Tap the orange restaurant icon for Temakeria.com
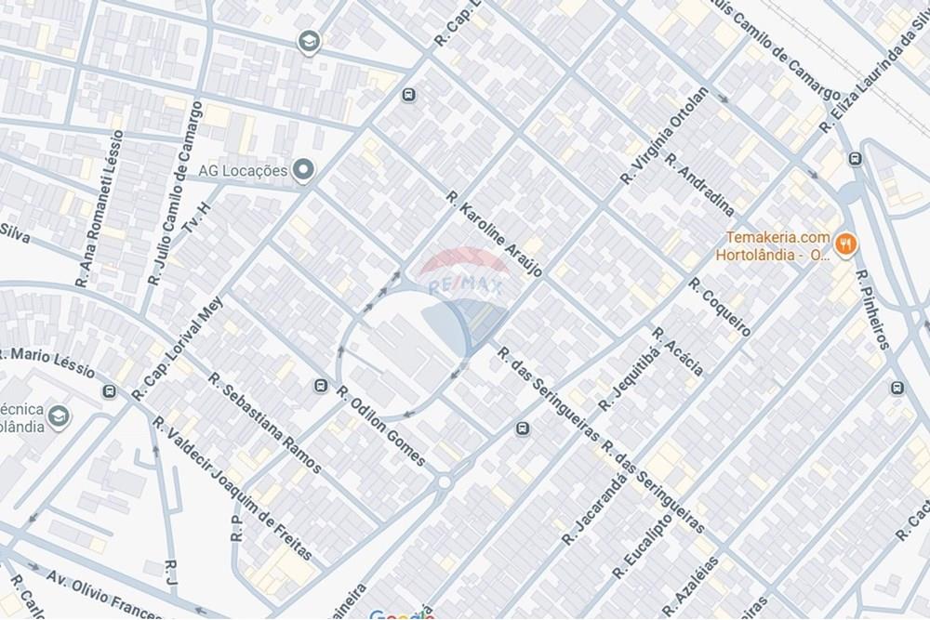pos(846,244)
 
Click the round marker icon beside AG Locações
pos(303,169)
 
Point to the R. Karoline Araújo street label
pos(493,238)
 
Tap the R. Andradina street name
pos(699,182)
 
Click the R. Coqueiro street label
pos(719,306)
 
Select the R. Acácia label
pos(677,352)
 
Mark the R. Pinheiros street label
pos(871,310)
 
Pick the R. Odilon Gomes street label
pos(382,426)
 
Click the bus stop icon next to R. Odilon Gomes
pos(322,386)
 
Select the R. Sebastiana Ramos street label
pos(264,423)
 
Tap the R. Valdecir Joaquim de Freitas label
pos(232,491)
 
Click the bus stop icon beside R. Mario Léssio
pos(111,391)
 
